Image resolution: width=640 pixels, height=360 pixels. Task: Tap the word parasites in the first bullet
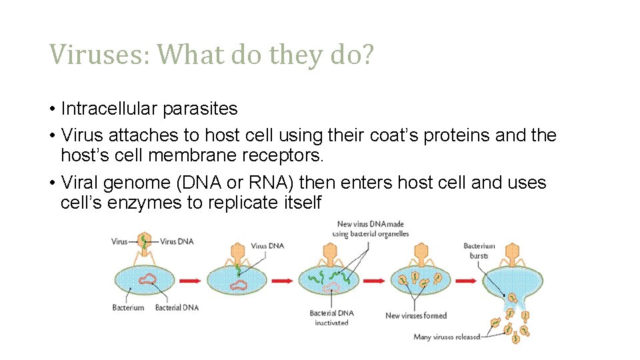point(202,108)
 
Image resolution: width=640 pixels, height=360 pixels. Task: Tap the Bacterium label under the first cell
point(128,307)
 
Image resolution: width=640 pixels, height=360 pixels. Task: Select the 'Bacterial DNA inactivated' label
point(331,317)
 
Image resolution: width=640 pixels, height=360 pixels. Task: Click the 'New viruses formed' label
point(416,315)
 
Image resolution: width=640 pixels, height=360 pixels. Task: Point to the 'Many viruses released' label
point(447,337)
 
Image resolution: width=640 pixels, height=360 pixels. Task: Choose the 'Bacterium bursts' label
point(479,251)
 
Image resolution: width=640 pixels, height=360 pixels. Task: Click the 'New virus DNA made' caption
point(372,229)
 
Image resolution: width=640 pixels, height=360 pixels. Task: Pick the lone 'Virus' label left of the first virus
point(119,241)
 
